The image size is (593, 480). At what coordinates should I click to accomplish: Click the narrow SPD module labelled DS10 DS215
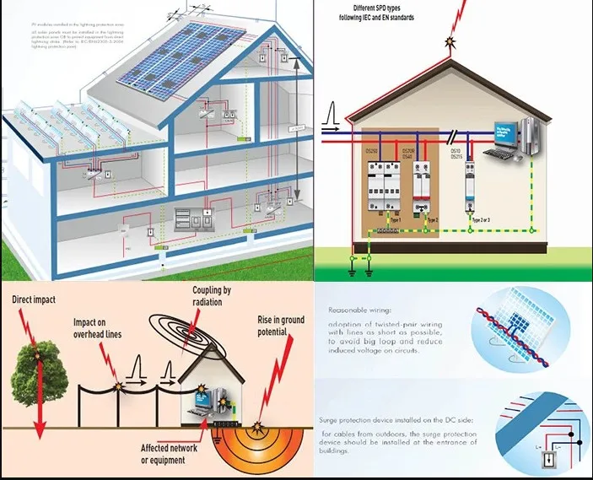[x=470, y=186]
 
